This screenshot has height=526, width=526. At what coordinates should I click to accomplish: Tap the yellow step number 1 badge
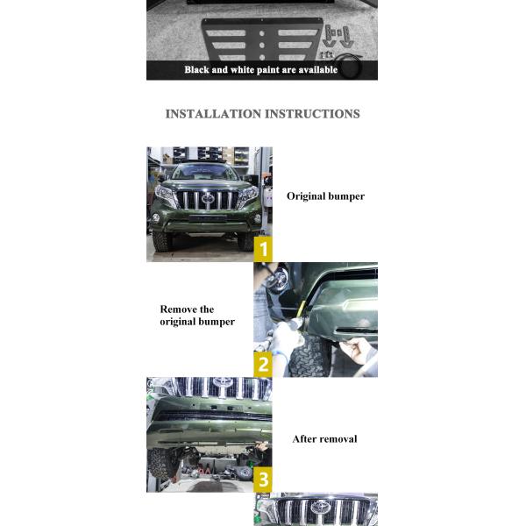(x=263, y=249)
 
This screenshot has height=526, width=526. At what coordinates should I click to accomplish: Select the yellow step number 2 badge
(x=263, y=364)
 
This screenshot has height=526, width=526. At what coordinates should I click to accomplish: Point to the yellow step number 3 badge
(x=263, y=479)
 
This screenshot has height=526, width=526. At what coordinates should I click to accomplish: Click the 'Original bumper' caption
(x=325, y=196)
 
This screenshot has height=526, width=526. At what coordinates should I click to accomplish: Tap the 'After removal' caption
(x=324, y=439)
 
